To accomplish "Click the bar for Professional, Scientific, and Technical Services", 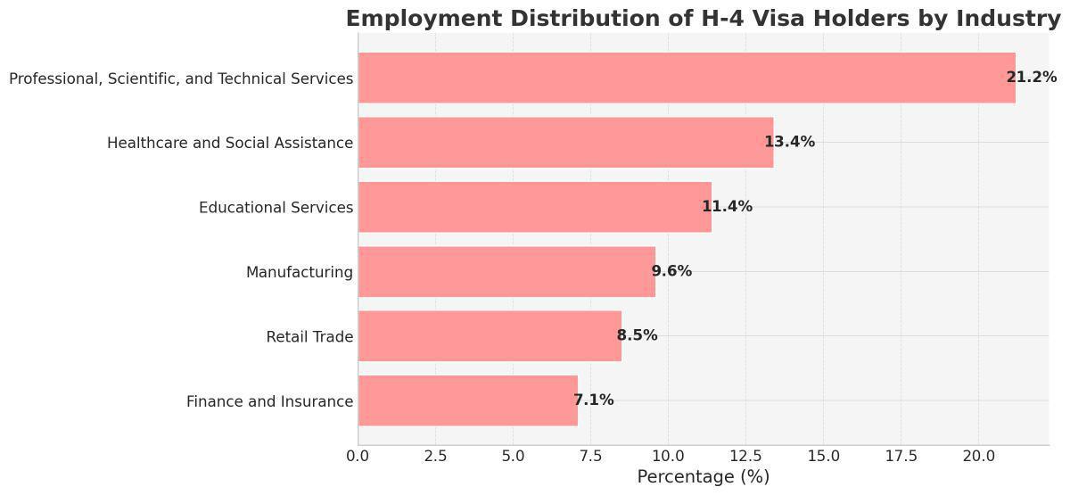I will pos(687,78).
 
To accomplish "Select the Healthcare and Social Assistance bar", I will pos(565,142).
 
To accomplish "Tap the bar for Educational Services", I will pos(535,207).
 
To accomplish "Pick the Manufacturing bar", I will pos(506,271).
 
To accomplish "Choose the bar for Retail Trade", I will pos(490,336).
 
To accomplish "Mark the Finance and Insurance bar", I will pos(468,400).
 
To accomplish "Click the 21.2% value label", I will pos(1031,78).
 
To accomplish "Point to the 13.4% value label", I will pos(789,142).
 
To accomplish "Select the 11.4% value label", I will pos(727,207).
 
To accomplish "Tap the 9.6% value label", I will pos(671,271).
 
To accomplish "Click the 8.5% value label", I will pos(637,335).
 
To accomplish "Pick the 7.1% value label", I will pos(593,400).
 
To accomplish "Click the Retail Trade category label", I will pos(309,337).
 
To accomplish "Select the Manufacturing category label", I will pos(300,272).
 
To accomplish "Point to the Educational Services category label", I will pos(276,208).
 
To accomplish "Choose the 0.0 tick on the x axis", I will pos(358,457).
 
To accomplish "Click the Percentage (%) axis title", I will pos(703,477).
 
